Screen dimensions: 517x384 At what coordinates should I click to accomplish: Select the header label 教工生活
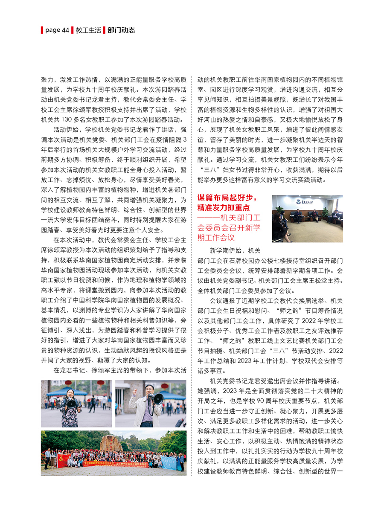point(88,30)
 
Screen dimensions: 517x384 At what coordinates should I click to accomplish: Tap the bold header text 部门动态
point(122,30)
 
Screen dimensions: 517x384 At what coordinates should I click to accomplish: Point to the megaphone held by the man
point(157,399)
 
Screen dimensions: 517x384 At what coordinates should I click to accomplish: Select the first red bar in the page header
point(42,30)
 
